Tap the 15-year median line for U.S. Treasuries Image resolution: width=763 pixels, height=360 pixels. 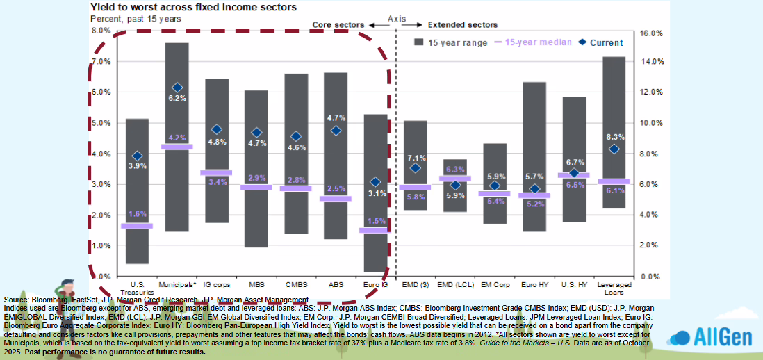tap(137, 226)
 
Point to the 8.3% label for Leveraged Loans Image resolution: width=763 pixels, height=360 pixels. tap(614, 137)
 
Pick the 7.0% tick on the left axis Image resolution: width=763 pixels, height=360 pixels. tap(101, 62)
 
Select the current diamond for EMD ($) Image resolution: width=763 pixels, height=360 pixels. tap(416, 167)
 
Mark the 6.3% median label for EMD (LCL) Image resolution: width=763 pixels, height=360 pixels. tap(455, 170)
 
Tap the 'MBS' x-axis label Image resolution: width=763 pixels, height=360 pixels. tap(256, 284)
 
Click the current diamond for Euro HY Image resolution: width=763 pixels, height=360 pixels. tap(534, 188)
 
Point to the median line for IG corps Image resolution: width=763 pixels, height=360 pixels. tap(217, 172)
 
